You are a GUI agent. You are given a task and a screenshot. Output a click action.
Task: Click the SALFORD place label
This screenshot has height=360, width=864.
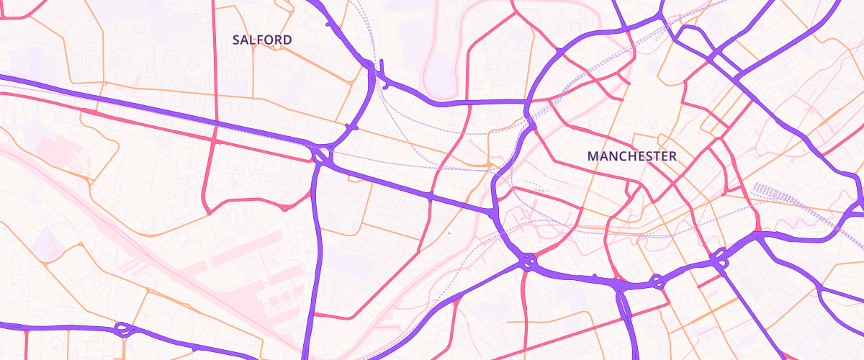click(262, 40)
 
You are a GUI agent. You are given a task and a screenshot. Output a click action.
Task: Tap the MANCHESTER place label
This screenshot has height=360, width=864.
click(631, 156)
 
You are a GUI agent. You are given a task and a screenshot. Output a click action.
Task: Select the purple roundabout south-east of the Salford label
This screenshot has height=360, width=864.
click(322, 154)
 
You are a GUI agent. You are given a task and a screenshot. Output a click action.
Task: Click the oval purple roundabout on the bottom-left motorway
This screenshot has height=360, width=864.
click(124, 330)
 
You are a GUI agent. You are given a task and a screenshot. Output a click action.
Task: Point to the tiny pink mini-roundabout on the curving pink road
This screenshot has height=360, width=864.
click(284, 208)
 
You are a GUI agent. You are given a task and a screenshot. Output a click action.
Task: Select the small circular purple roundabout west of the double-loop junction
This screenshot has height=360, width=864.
click(656, 281)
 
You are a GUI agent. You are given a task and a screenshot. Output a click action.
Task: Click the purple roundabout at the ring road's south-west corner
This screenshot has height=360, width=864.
click(528, 260)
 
